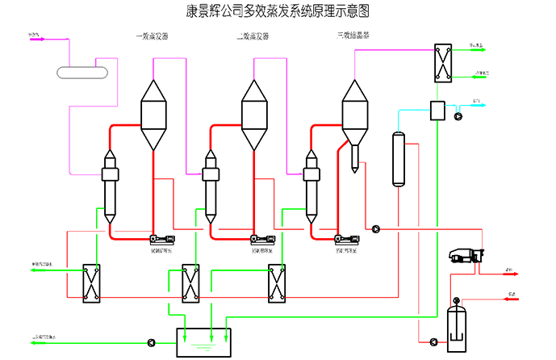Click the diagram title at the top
tap(278, 10)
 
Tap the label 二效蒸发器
tap(253, 37)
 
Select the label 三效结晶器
tap(353, 37)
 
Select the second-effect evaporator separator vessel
tap(254, 113)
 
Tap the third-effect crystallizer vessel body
tap(354, 113)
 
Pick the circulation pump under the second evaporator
tap(263, 239)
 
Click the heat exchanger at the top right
tap(441, 61)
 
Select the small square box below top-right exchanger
tap(438, 111)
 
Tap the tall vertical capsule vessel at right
tap(398, 159)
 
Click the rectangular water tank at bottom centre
tap(203, 342)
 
